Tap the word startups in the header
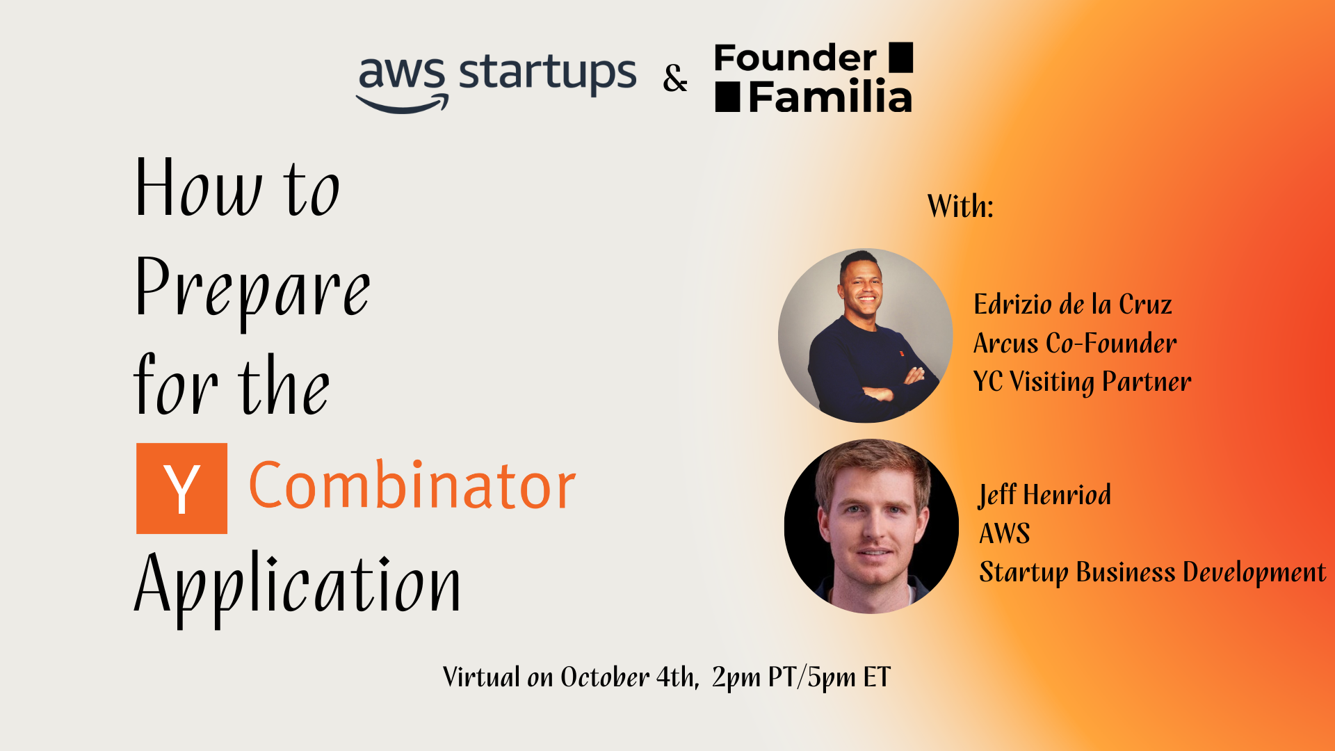tap(547, 74)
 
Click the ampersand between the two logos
tap(674, 78)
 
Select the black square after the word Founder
tap(901, 57)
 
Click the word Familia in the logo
tap(830, 97)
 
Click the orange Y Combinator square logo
tap(181, 488)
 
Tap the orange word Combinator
tap(412, 485)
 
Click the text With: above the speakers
tap(960, 206)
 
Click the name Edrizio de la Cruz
tap(1073, 305)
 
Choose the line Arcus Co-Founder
tap(1075, 343)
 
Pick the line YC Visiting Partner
tap(1082, 382)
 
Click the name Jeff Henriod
tap(1044, 495)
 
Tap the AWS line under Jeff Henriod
tap(1005, 533)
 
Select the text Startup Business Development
tap(1152, 572)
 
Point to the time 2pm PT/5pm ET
tap(801, 677)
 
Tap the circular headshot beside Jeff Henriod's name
tap(871, 526)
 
